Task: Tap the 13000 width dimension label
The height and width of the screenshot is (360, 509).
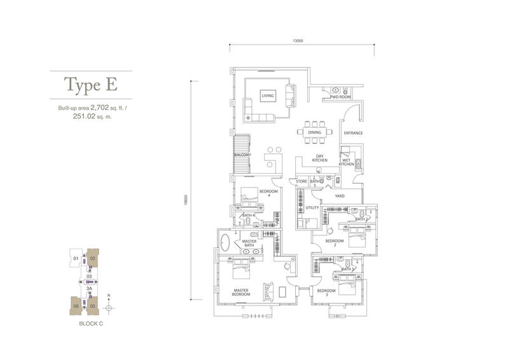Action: [297, 40]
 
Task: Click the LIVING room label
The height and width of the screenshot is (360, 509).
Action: [267, 97]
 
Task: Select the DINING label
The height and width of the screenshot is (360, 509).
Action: [314, 132]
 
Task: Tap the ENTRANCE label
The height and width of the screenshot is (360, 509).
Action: [352, 133]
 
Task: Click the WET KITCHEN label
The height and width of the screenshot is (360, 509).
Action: [347, 162]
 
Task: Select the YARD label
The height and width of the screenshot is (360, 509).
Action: [340, 196]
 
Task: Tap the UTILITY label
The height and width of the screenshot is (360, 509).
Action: [312, 207]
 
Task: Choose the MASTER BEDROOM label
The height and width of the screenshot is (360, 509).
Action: [240, 294]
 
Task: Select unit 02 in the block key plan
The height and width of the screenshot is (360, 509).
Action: [92, 258]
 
